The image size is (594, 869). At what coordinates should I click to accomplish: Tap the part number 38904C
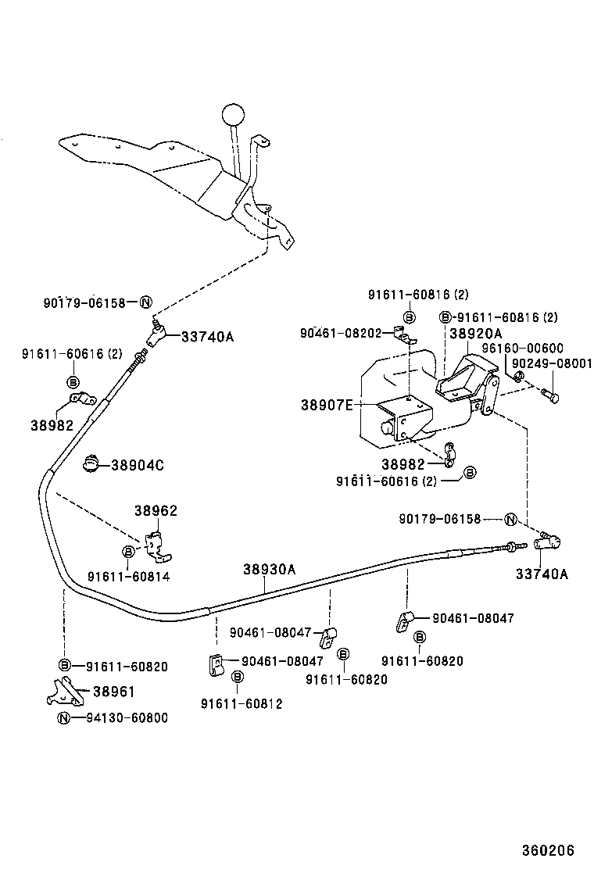click(x=137, y=465)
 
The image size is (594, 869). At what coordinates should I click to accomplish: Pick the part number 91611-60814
click(x=128, y=577)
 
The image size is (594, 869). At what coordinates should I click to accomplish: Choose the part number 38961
click(x=113, y=691)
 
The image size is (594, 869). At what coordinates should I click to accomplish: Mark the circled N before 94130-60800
click(x=64, y=717)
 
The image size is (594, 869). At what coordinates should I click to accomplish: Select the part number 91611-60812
click(x=242, y=703)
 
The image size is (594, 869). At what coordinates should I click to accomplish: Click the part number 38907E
click(x=327, y=405)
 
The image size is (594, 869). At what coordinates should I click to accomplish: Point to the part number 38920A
click(x=475, y=333)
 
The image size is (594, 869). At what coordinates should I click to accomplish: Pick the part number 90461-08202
click(x=340, y=333)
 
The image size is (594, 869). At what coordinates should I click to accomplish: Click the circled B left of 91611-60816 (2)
click(x=445, y=317)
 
